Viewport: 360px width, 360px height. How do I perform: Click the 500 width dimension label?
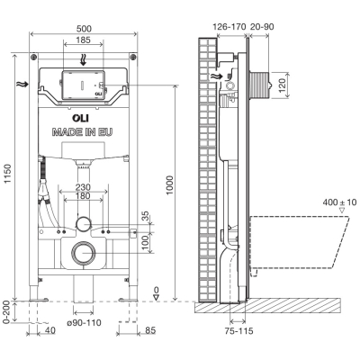[x=84, y=29]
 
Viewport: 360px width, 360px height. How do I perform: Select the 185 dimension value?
[x=84, y=40]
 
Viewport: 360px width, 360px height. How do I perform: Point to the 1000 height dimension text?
[x=169, y=185]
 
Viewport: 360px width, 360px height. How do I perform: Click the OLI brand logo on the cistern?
[x=80, y=119]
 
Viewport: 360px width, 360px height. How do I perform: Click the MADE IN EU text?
[x=83, y=132]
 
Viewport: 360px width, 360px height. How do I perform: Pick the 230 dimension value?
[x=83, y=187]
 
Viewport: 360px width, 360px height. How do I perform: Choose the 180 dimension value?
[x=83, y=196]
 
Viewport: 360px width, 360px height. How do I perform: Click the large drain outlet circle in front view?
[x=84, y=253]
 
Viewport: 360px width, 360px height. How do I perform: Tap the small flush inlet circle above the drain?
[x=84, y=224]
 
